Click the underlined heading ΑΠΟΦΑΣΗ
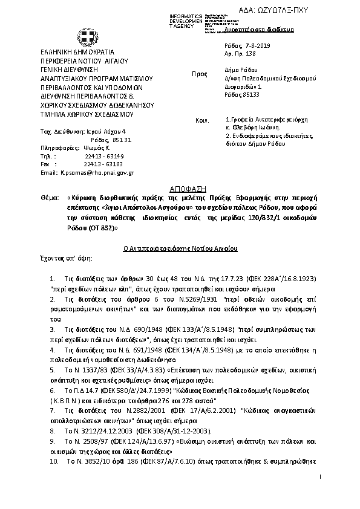(x=180, y=189)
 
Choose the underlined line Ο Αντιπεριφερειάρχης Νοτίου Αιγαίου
(x=179, y=248)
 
